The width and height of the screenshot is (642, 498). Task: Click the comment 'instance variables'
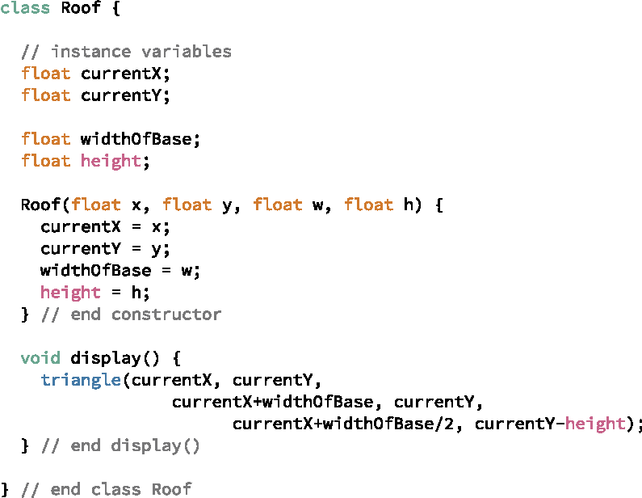click(141, 53)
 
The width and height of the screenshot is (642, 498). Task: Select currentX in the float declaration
click(121, 74)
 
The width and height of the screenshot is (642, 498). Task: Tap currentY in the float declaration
click(121, 96)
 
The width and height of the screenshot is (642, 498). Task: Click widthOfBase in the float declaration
click(136, 140)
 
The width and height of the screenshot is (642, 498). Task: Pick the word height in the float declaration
click(111, 162)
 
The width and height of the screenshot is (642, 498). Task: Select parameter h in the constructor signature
click(409, 205)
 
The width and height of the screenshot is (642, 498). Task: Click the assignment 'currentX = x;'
click(106, 227)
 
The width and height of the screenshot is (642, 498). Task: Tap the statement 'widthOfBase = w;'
click(120, 271)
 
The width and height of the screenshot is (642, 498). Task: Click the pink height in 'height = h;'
click(70, 293)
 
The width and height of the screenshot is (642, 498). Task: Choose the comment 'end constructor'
click(145, 314)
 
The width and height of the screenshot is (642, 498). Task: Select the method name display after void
click(101, 358)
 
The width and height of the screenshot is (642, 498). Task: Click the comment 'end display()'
click(135, 445)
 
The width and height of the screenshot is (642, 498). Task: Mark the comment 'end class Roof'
click(121, 489)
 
